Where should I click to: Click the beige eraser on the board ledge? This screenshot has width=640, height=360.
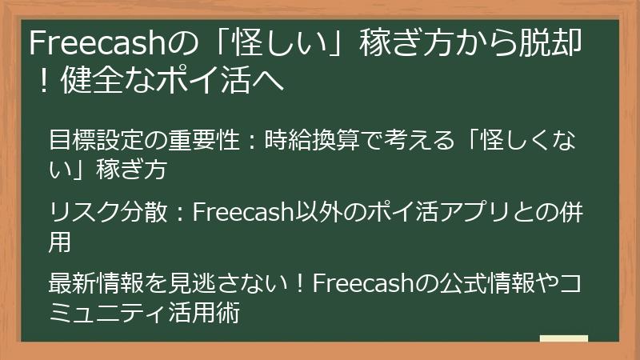[563, 338]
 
